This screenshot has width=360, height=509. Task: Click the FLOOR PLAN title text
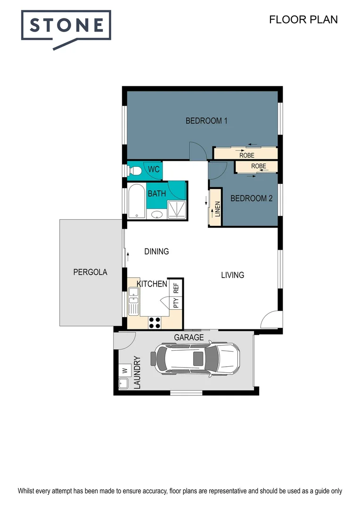(x=303, y=19)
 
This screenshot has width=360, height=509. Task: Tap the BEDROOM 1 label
(x=206, y=121)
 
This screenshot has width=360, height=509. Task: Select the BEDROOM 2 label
(x=251, y=198)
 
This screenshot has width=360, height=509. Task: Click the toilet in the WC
(x=135, y=170)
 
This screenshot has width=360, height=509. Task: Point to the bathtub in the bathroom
(x=136, y=201)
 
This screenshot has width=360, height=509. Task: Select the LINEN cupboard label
(x=217, y=209)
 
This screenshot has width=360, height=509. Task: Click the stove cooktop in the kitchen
(x=155, y=322)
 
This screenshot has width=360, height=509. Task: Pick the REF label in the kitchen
(x=176, y=287)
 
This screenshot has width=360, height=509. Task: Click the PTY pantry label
(x=176, y=303)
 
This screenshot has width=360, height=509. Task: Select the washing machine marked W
(x=125, y=369)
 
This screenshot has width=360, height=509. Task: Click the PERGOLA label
(x=90, y=272)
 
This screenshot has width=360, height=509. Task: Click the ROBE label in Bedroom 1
(x=246, y=155)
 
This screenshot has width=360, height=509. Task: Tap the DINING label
(x=156, y=251)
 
